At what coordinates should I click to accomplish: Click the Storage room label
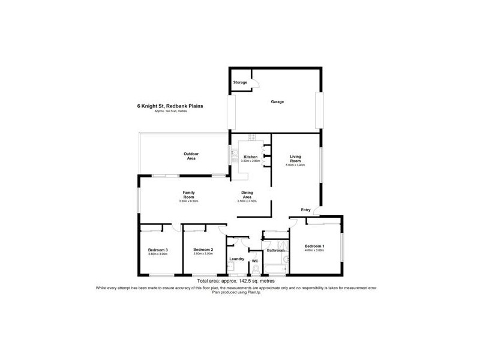(x=240, y=82)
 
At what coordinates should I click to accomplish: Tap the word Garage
(x=277, y=101)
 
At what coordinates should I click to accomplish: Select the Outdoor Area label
(x=191, y=155)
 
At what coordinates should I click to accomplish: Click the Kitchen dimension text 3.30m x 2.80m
(x=250, y=161)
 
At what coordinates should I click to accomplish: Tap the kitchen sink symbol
(x=232, y=156)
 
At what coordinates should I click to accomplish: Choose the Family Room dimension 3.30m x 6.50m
(x=188, y=201)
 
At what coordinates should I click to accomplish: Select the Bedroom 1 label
(x=314, y=247)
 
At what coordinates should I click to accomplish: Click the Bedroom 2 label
(x=203, y=250)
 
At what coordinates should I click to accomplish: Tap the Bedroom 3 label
(x=158, y=250)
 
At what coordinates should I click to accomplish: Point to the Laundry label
(x=236, y=259)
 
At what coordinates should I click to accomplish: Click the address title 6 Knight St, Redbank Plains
(x=170, y=106)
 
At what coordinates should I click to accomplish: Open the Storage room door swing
(x=254, y=85)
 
